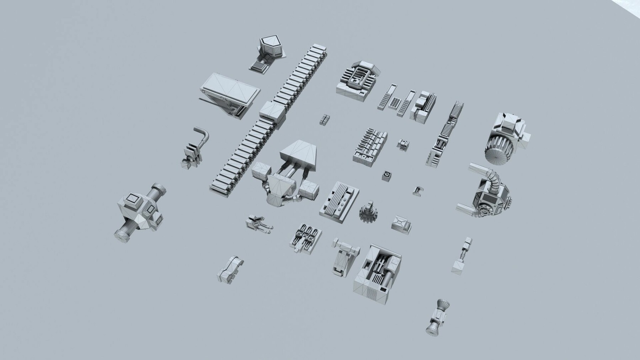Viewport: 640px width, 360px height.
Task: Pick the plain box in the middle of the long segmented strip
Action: coord(273,111)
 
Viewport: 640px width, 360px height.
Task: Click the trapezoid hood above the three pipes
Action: coord(299,153)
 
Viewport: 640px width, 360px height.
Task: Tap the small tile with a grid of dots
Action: coord(393,103)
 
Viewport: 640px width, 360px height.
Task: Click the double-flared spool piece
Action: coord(438,317)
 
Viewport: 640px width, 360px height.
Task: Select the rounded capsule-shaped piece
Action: coord(230,269)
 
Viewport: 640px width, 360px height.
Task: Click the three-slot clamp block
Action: coord(306,236)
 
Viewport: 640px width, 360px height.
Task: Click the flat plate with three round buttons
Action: coord(338,199)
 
